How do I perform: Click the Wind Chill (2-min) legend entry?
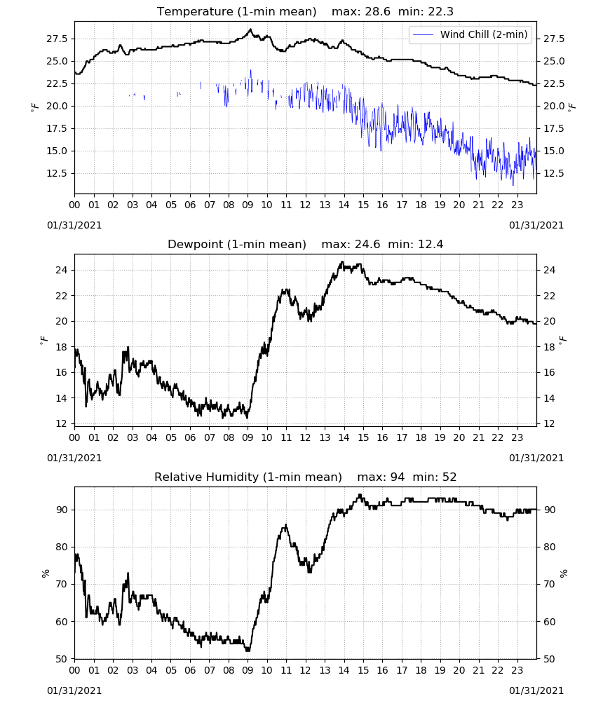470,34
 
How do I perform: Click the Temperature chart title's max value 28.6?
377,12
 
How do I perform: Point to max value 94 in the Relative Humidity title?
398,477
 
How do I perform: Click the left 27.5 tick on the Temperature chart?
57,39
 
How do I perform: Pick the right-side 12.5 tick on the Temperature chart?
554,173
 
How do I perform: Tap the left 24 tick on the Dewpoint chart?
62,270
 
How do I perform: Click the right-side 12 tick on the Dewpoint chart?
549,423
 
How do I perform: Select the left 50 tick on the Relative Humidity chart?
62,659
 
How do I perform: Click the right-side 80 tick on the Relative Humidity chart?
549,547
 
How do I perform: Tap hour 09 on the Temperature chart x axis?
248,205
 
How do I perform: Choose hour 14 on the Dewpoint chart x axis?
344,437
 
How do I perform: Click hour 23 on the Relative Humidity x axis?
517,670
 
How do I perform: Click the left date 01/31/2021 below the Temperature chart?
74,225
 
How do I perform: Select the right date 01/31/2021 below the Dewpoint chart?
536,458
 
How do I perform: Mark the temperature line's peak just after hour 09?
250,29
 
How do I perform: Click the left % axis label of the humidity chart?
45,573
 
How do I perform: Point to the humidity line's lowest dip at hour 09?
248,651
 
